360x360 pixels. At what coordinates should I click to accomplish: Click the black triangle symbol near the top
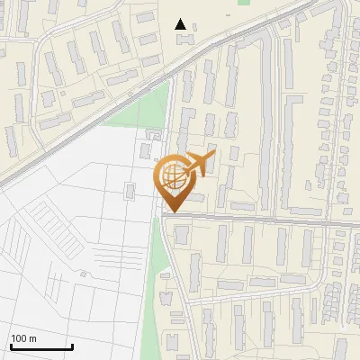pos(182,24)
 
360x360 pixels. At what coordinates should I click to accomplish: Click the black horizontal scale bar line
pos(40,346)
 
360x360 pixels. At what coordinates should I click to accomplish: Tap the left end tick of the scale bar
pos(10,344)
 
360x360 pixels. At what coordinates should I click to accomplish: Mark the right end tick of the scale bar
pos(72,344)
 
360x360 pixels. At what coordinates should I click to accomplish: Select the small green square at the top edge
pos(243,2)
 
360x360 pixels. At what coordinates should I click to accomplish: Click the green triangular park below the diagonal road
pos(144,112)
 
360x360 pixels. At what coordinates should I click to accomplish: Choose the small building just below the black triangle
pos(184,40)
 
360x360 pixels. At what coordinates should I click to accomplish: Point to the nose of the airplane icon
pos(214,157)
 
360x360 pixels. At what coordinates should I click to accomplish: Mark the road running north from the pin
pos(170,108)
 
